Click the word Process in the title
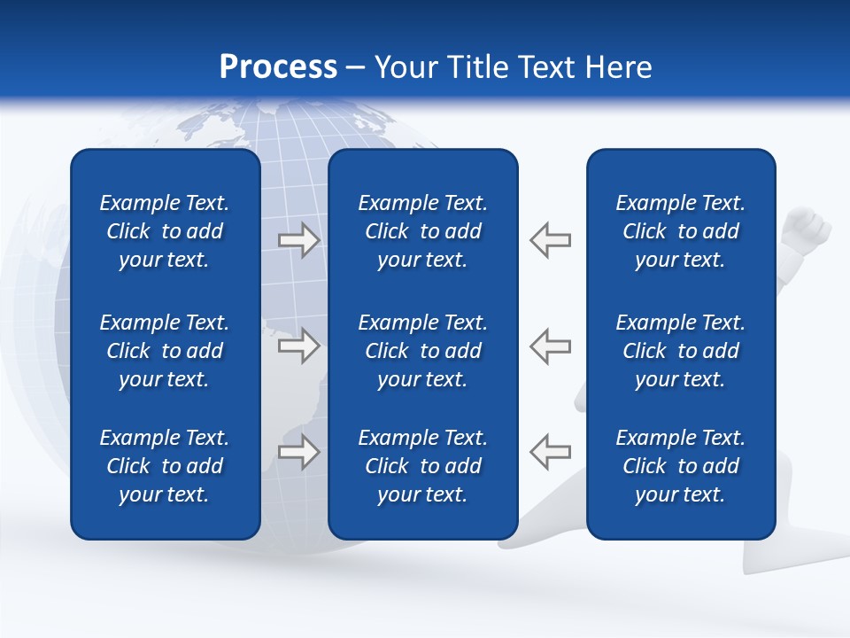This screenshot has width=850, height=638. [x=278, y=67]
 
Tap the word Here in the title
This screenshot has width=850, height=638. [x=616, y=67]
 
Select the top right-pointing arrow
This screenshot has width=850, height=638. [x=298, y=240]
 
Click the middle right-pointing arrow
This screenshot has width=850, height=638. [x=298, y=346]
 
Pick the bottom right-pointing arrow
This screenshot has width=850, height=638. [x=298, y=452]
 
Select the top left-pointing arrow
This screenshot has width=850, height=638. [x=550, y=240]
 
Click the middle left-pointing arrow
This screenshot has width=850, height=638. [x=550, y=346]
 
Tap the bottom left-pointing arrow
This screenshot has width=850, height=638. [x=550, y=452]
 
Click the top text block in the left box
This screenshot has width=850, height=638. [x=165, y=231]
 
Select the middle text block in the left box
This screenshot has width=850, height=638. [x=165, y=351]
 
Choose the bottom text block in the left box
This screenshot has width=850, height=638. [x=165, y=466]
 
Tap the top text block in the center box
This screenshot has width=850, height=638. [x=422, y=231]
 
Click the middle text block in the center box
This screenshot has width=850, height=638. [x=422, y=351]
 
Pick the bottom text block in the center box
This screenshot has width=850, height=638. [x=422, y=466]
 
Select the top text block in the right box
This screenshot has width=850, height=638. [x=680, y=231]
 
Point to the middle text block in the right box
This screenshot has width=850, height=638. [x=680, y=351]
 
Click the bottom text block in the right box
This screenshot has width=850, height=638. [x=680, y=466]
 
